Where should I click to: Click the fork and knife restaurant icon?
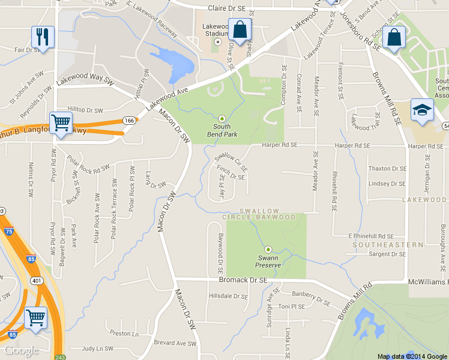[43, 36]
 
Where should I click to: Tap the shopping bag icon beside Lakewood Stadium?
[239, 28]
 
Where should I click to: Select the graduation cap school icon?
[422, 110]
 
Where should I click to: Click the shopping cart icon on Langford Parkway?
[61, 123]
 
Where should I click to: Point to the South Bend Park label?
[221, 130]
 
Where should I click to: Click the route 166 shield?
[128, 121]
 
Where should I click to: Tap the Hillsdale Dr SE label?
[228, 296]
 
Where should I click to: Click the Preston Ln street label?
[124, 334]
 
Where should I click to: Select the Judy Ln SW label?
[97, 348]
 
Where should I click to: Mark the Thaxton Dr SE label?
[387, 169]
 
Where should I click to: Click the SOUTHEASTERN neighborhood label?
[379, 245]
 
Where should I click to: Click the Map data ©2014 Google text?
[412, 356]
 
